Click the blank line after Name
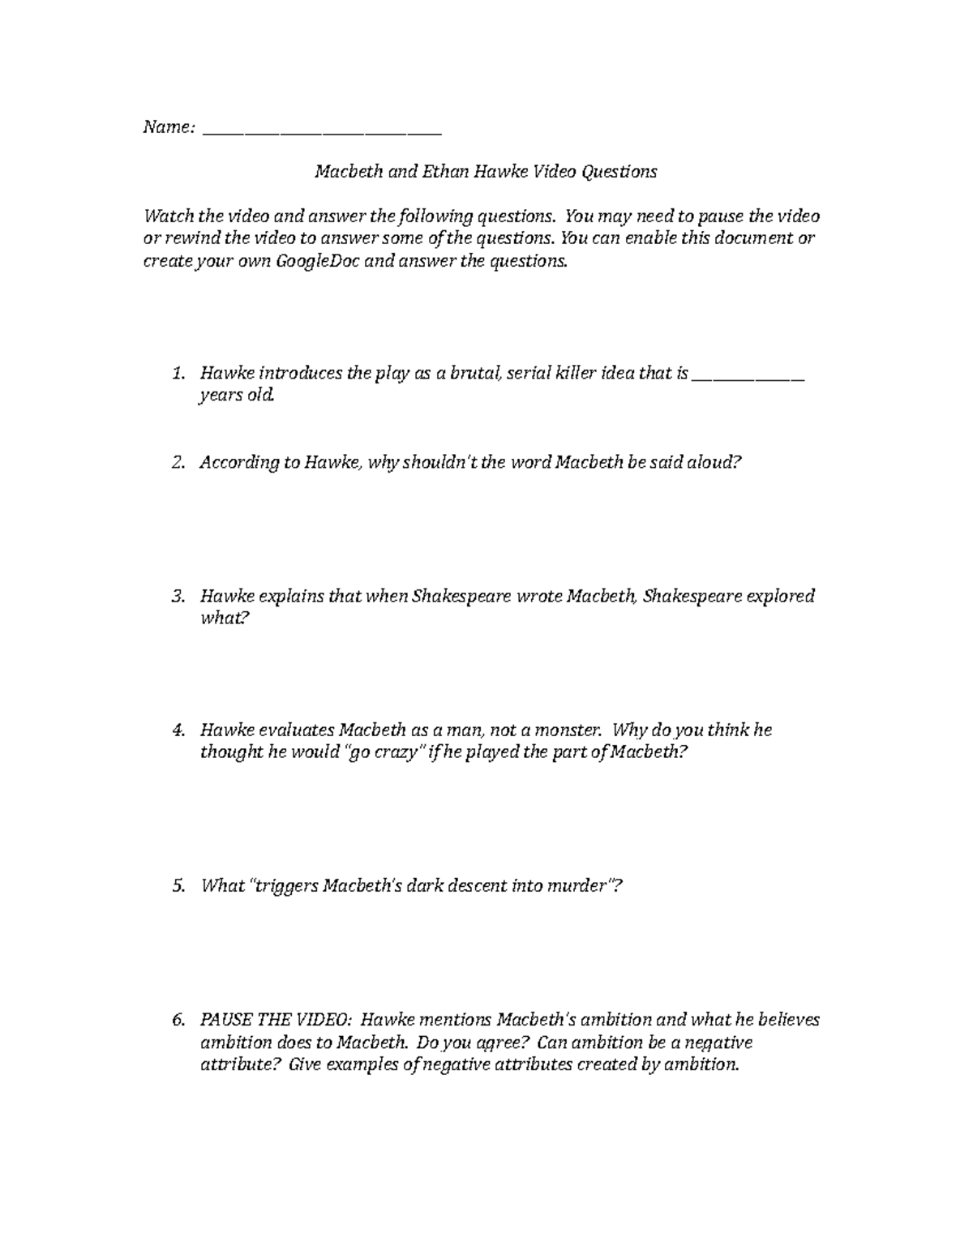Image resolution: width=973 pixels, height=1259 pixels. coord(321,128)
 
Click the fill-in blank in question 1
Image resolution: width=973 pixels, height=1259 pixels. coord(748,374)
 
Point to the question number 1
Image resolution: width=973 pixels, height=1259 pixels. coord(178,374)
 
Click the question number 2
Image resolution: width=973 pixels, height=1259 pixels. coord(178,463)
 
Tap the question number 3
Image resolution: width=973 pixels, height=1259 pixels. coord(178,597)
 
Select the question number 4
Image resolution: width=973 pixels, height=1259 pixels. coord(178,730)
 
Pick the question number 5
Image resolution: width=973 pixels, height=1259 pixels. coord(178,886)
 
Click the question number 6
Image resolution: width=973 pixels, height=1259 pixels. coord(178,1020)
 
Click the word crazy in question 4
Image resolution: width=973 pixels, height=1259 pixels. coord(397,752)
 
